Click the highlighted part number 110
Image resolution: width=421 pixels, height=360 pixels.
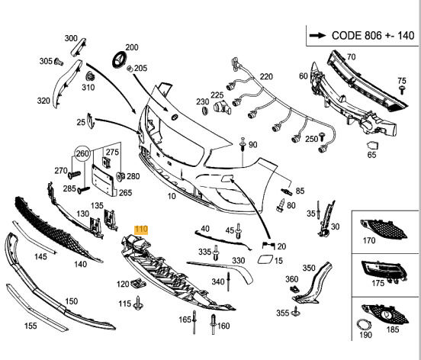pyautogui.click(x=141, y=230)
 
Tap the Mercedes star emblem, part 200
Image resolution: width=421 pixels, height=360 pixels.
pyautogui.click(x=118, y=59)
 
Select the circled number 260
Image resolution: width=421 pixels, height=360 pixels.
pyautogui.click(x=82, y=153)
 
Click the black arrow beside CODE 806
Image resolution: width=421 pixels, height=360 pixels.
pyautogui.click(x=317, y=35)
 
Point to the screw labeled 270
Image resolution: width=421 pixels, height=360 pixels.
pyautogui.click(x=74, y=175)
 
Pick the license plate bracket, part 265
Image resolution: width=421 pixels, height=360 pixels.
pyautogui.click(x=104, y=179)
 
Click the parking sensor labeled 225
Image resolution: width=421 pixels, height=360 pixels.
pyautogui.click(x=222, y=108)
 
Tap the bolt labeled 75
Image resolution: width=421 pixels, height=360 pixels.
pyautogui.click(x=402, y=90)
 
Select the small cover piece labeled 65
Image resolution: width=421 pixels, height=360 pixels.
pyautogui.click(x=372, y=145)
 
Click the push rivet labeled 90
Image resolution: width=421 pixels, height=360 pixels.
pyautogui.click(x=243, y=144)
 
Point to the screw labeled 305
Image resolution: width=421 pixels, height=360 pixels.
pyautogui.click(x=59, y=62)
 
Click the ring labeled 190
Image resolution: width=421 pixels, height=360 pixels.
pyautogui.click(x=363, y=326)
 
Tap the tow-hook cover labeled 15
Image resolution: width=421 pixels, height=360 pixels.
pyautogui.click(x=265, y=260)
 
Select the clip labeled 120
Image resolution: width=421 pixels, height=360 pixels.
pyautogui.click(x=138, y=283)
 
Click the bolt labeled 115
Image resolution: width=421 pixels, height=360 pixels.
pyautogui.click(x=138, y=304)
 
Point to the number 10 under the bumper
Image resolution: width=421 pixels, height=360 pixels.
pyautogui.click(x=172, y=196)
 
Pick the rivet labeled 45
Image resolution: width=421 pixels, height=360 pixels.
pyautogui.click(x=238, y=231)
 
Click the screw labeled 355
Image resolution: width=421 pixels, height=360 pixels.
pyautogui.click(x=296, y=311)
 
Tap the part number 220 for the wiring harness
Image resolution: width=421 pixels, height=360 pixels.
pyautogui.click(x=266, y=77)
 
